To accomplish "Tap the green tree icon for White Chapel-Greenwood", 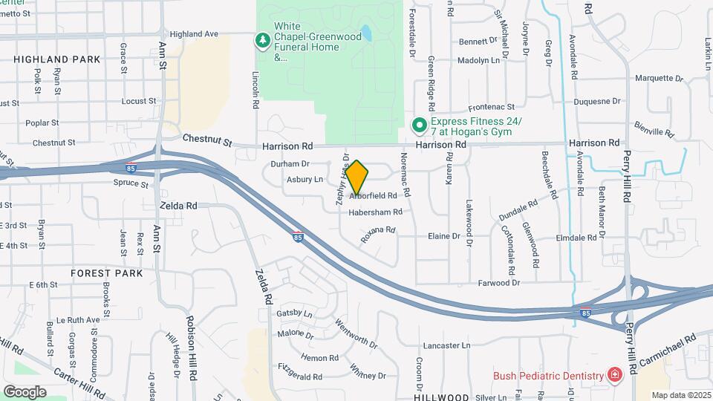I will coord(261,40).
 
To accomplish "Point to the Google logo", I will coord(25,391).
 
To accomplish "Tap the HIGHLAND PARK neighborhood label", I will coord(56,59).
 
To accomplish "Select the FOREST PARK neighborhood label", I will coord(107,273).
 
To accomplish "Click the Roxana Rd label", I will coord(377,235).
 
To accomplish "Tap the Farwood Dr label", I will coord(498,283).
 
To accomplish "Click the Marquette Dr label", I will coord(657,78).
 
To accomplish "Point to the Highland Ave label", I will coord(194,34).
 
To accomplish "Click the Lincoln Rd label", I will coord(255,91).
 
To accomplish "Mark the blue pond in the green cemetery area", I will coord(365,33).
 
